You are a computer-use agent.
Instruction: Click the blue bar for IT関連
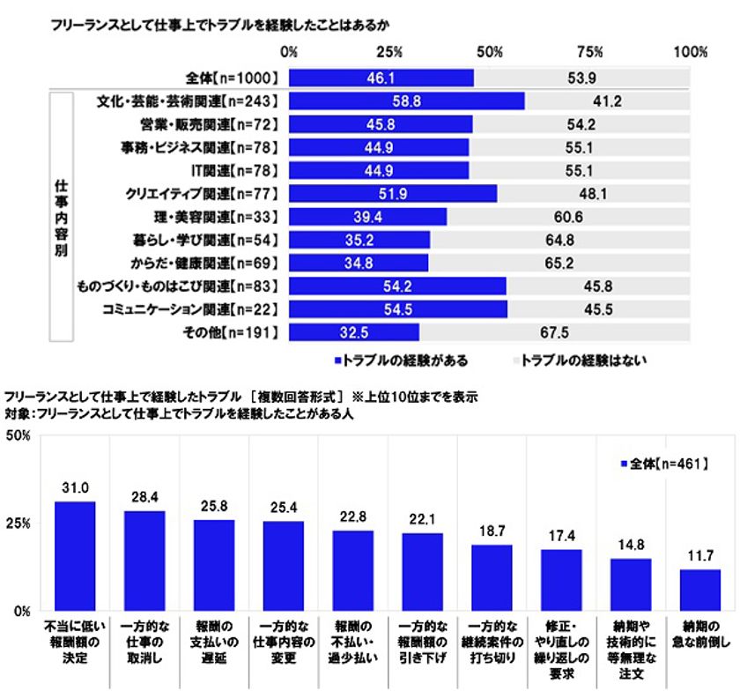[x=379, y=170]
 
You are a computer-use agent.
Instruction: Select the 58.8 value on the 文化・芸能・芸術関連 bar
[x=405, y=101]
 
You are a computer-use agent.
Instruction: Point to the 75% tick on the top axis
[x=590, y=52]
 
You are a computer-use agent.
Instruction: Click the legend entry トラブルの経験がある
[x=401, y=360]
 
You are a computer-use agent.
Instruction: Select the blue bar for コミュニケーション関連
[x=398, y=308]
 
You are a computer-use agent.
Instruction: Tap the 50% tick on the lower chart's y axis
[x=18, y=435]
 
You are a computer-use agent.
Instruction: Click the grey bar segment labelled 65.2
[x=559, y=262]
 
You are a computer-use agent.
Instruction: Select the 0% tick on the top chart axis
[x=289, y=52]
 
